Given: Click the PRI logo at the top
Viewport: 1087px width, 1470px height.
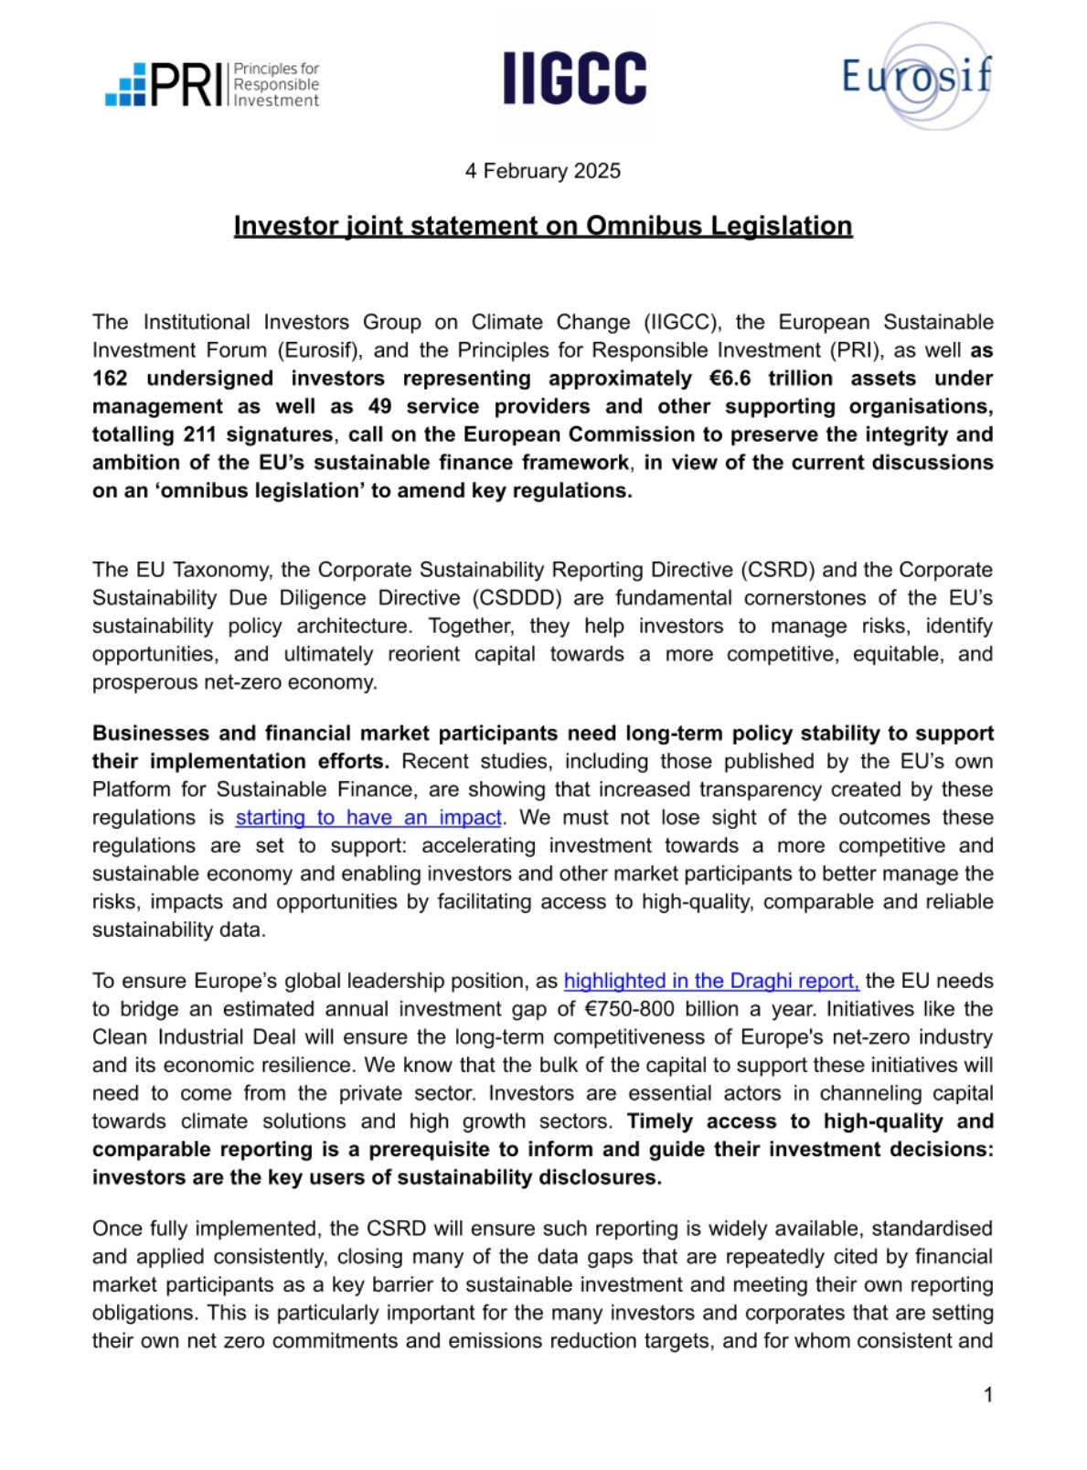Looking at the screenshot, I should pyautogui.click(x=211, y=84).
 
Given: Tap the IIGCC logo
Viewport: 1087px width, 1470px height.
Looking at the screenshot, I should pyautogui.click(x=574, y=78).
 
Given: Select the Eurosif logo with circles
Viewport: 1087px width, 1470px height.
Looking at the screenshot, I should pyautogui.click(x=916, y=77).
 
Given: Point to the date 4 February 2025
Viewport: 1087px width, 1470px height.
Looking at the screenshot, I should pyautogui.click(x=542, y=171).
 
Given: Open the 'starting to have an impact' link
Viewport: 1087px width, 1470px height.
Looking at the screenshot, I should pyautogui.click(x=368, y=818).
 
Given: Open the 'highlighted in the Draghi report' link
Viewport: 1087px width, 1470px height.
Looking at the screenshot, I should pyautogui.click(x=711, y=982).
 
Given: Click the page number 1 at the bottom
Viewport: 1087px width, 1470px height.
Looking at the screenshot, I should pyautogui.click(x=987, y=1395).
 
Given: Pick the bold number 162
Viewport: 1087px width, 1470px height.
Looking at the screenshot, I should pyautogui.click(x=110, y=379).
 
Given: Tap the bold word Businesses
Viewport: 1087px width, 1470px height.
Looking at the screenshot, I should pyautogui.click(x=151, y=734).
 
